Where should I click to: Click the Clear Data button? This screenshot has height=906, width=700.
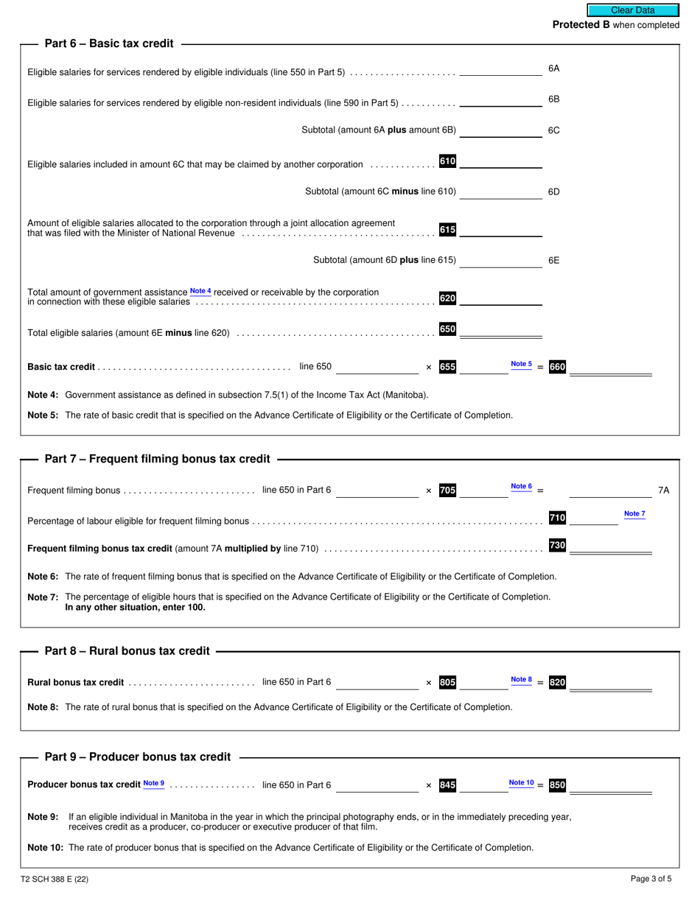[x=632, y=10]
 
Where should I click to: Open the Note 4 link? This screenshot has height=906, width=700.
[x=200, y=292]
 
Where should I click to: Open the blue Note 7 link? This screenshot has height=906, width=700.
[x=634, y=513]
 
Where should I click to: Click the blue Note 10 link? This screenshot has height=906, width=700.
[x=521, y=782]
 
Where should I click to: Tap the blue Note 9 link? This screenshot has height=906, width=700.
[x=154, y=783]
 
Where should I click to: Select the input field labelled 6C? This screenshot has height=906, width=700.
[x=500, y=130]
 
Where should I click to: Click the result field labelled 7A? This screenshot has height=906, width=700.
[x=610, y=491]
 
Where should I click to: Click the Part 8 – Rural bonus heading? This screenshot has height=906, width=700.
[x=127, y=651]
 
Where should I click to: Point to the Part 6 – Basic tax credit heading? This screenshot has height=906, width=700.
[x=109, y=43]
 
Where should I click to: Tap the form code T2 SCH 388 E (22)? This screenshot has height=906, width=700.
[x=55, y=878]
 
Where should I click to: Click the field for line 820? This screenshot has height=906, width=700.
[x=610, y=683]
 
